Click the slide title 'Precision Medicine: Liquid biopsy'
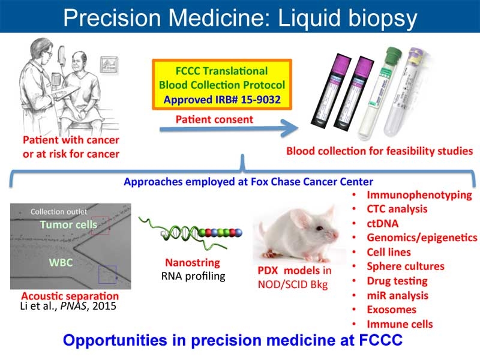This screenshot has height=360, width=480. point(240,18)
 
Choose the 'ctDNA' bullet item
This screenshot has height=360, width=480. point(383,223)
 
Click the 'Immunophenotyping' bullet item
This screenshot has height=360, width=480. point(419,194)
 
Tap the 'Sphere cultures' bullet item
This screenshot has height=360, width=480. point(405,266)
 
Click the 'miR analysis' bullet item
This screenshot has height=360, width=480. point(397,295)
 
